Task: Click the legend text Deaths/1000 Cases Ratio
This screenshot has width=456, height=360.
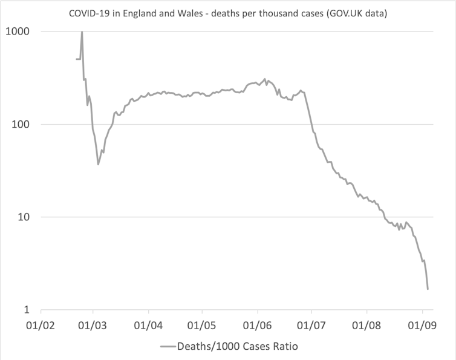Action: pyautogui.click(x=238, y=347)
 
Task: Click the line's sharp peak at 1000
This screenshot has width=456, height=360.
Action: pyautogui.click(x=82, y=32)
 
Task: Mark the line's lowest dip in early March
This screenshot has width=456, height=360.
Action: pyautogui.click(x=98, y=164)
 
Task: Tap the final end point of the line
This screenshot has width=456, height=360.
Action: pyautogui.click(x=428, y=289)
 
